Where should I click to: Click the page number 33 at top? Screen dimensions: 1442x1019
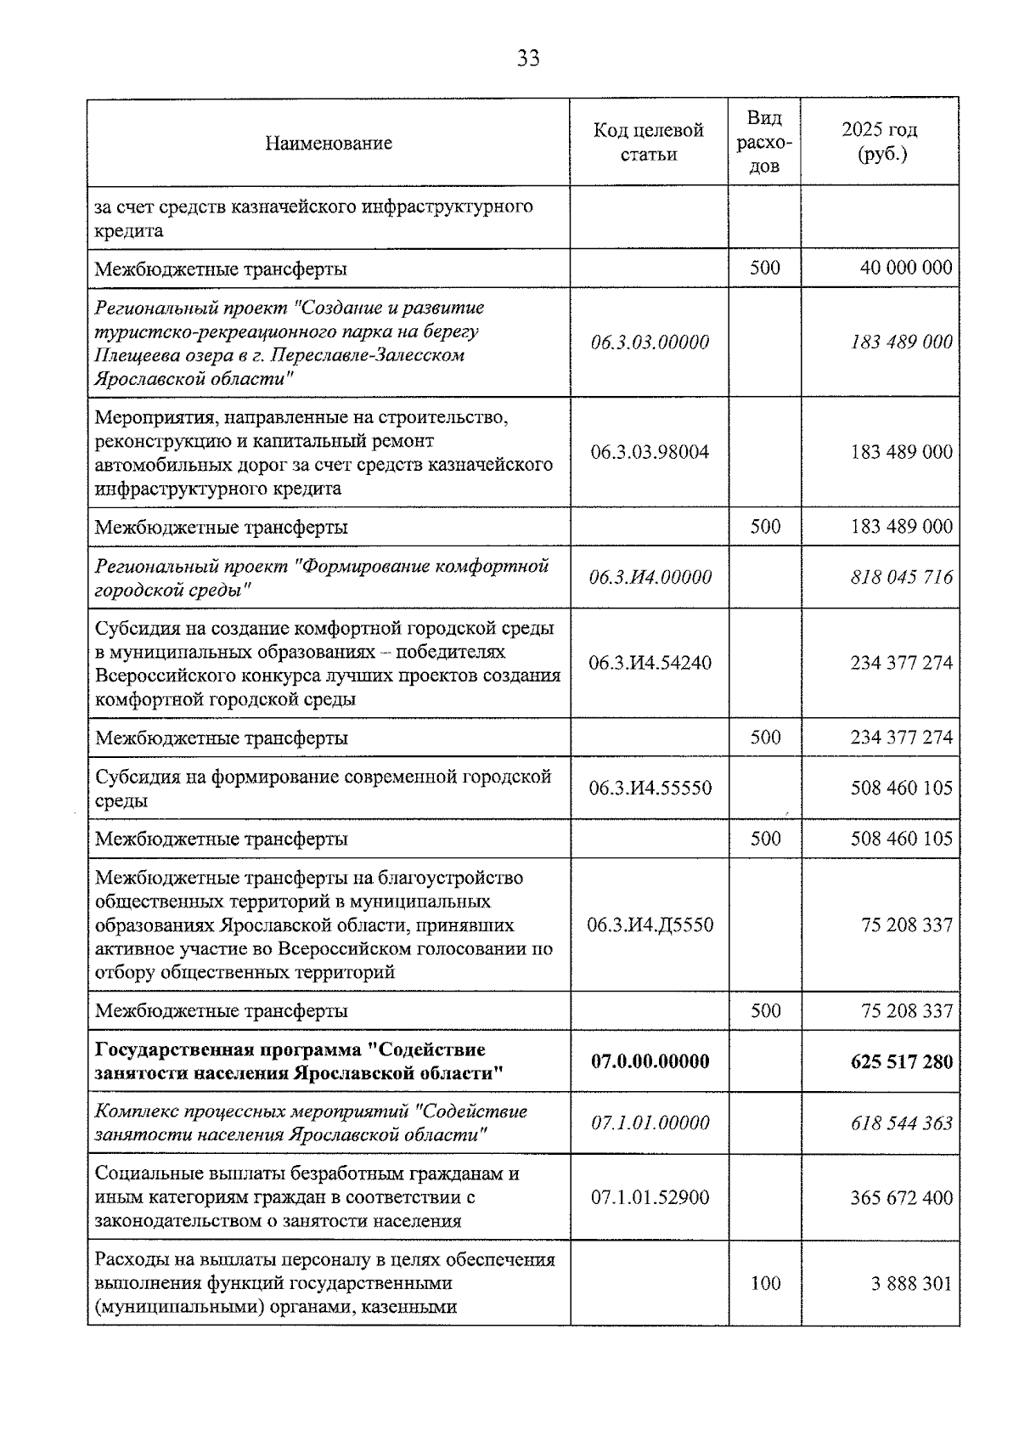pos(527,59)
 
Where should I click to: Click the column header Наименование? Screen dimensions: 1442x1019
pos(328,143)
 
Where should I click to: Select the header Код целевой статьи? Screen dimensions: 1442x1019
pos(649,142)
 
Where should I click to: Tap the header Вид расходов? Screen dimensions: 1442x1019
pos(764,142)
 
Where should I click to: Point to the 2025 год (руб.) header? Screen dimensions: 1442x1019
pos(879,142)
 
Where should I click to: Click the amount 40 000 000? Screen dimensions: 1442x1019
pos(905,269)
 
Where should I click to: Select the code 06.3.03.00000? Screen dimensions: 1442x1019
pos(650,342)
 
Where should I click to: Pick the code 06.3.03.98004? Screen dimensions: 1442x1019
pos(650,452)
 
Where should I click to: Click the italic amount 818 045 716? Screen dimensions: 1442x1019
pos(901,578)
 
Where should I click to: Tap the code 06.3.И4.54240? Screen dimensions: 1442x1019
pos(650,663)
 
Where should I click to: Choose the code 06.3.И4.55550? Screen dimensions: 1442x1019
pos(650,788)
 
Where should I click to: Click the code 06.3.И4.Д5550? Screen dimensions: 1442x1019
pos(650,925)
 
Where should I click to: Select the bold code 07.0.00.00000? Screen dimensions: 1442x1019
pos(650,1061)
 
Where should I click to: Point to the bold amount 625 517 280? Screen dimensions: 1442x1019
pos(901,1061)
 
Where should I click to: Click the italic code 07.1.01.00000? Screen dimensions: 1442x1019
pos(650,1123)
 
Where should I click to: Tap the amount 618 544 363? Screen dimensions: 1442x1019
pos(901,1123)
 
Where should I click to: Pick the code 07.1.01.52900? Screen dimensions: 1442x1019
pos(650,1197)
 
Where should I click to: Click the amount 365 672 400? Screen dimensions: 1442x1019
pos(901,1197)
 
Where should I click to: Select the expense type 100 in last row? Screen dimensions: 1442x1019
pos(764,1283)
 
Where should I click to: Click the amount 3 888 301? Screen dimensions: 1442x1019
pos(911,1283)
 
